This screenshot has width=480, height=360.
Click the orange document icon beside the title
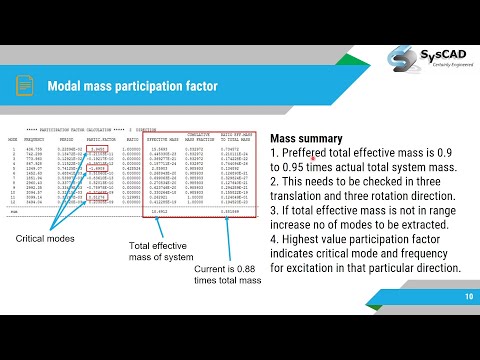point(23,86)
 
